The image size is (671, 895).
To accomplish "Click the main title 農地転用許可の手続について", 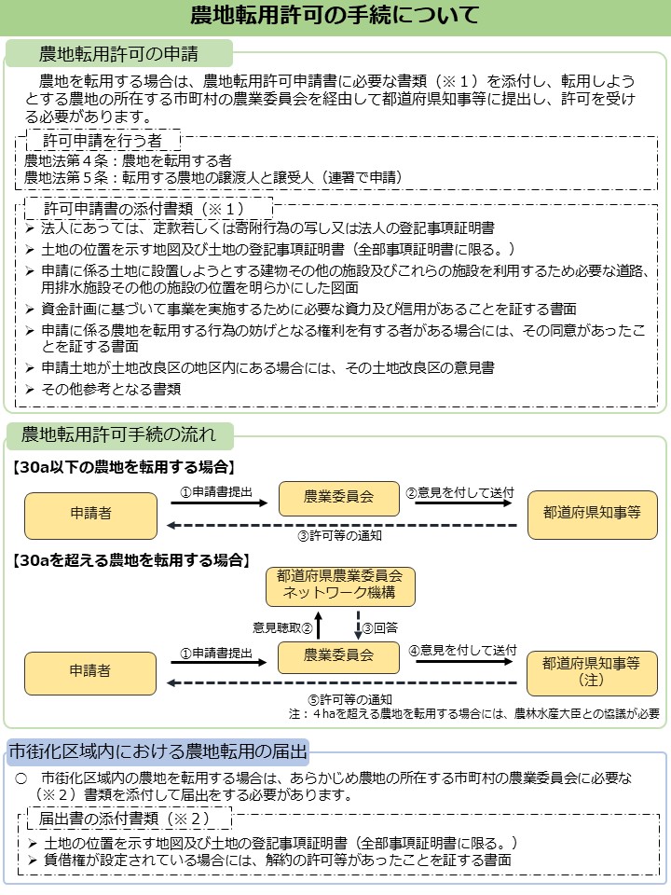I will [335, 17].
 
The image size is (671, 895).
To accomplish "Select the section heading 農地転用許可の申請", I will [118, 53].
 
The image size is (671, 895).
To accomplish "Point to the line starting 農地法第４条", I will [129, 160].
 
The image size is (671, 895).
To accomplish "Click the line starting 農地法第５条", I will [213, 176].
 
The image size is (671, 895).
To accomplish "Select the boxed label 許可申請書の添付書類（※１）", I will [144, 207].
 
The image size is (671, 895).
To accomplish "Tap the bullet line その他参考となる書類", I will [111, 389].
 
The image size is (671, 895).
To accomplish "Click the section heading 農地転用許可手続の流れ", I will [118, 434].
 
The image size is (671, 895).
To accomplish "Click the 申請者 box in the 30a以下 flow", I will [90, 515].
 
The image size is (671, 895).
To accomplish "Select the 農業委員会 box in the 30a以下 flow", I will [339, 497].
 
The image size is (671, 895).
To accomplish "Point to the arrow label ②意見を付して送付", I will [459, 490].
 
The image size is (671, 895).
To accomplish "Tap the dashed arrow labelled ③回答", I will [358, 626].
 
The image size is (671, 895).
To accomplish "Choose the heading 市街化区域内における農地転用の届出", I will [157, 750].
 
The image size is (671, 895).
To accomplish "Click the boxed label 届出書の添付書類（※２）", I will [123, 818].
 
